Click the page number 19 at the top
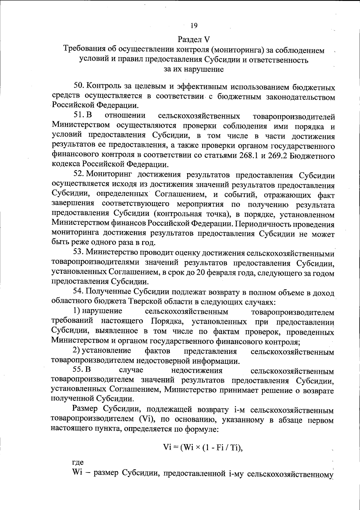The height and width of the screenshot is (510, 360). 193,26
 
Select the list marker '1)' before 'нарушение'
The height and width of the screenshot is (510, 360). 76,311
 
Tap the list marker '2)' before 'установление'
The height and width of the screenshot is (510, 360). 76,351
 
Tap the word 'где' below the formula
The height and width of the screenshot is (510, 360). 78,463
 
